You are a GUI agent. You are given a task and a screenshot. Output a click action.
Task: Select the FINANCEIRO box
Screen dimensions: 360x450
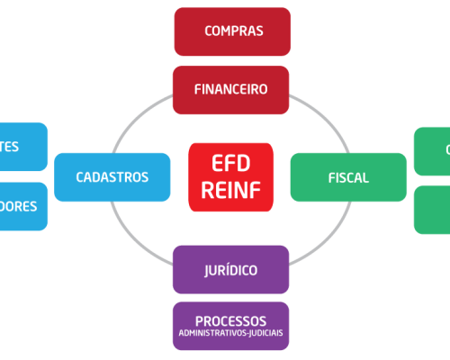point(231,90)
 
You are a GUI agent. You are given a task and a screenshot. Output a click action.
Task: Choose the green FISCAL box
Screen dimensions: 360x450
point(347,177)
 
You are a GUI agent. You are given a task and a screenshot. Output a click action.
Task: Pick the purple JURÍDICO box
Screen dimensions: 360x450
point(231,269)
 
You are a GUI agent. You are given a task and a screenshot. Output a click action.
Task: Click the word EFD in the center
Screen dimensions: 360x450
point(231,165)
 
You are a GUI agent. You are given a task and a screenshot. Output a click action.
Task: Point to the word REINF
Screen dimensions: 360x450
point(231,190)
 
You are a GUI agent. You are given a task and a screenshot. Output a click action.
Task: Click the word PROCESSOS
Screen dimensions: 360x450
point(231,320)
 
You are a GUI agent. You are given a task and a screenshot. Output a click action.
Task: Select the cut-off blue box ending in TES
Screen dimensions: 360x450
point(22,147)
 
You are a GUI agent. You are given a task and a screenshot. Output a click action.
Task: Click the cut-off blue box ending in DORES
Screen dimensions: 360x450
point(22,206)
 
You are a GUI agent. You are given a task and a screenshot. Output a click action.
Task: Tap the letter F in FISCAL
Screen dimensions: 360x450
point(330,178)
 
